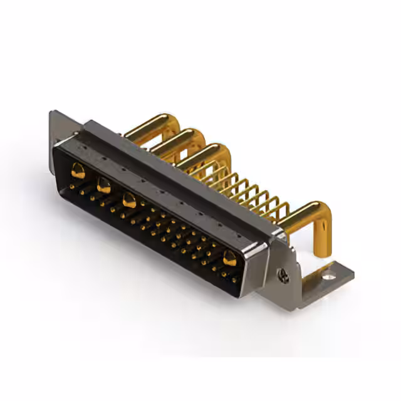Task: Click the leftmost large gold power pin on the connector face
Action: pos(78,169)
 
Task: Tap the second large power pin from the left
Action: pos(103,184)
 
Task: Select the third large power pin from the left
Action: pos(130,200)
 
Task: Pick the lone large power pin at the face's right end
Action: pos(230,257)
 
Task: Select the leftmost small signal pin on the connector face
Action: pos(73,186)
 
